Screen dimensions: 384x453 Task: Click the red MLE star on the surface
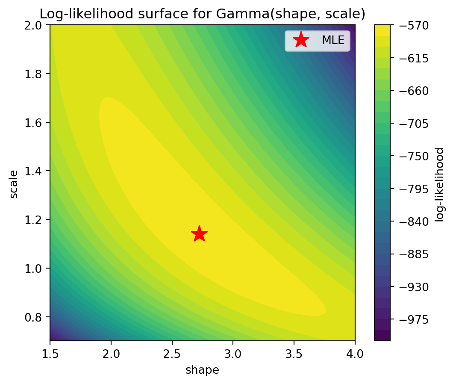click(x=199, y=234)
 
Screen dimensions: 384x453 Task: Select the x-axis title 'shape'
click(x=202, y=370)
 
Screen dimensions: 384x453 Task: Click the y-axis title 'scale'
click(x=14, y=184)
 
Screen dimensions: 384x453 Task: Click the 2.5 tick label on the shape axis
click(x=172, y=353)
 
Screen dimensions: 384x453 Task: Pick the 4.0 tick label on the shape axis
click(x=355, y=353)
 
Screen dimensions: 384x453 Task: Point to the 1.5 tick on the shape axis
click(x=50, y=353)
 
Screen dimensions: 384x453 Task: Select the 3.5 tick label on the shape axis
click(x=294, y=353)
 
